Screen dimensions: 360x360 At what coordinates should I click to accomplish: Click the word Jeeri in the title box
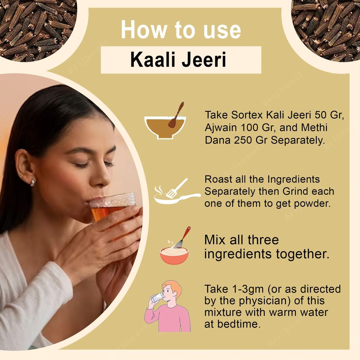click(x=204, y=60)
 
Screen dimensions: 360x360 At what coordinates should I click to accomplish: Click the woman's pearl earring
click(x=33, y=182)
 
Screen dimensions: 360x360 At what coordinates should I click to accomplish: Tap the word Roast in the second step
click(x=218, y=179)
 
